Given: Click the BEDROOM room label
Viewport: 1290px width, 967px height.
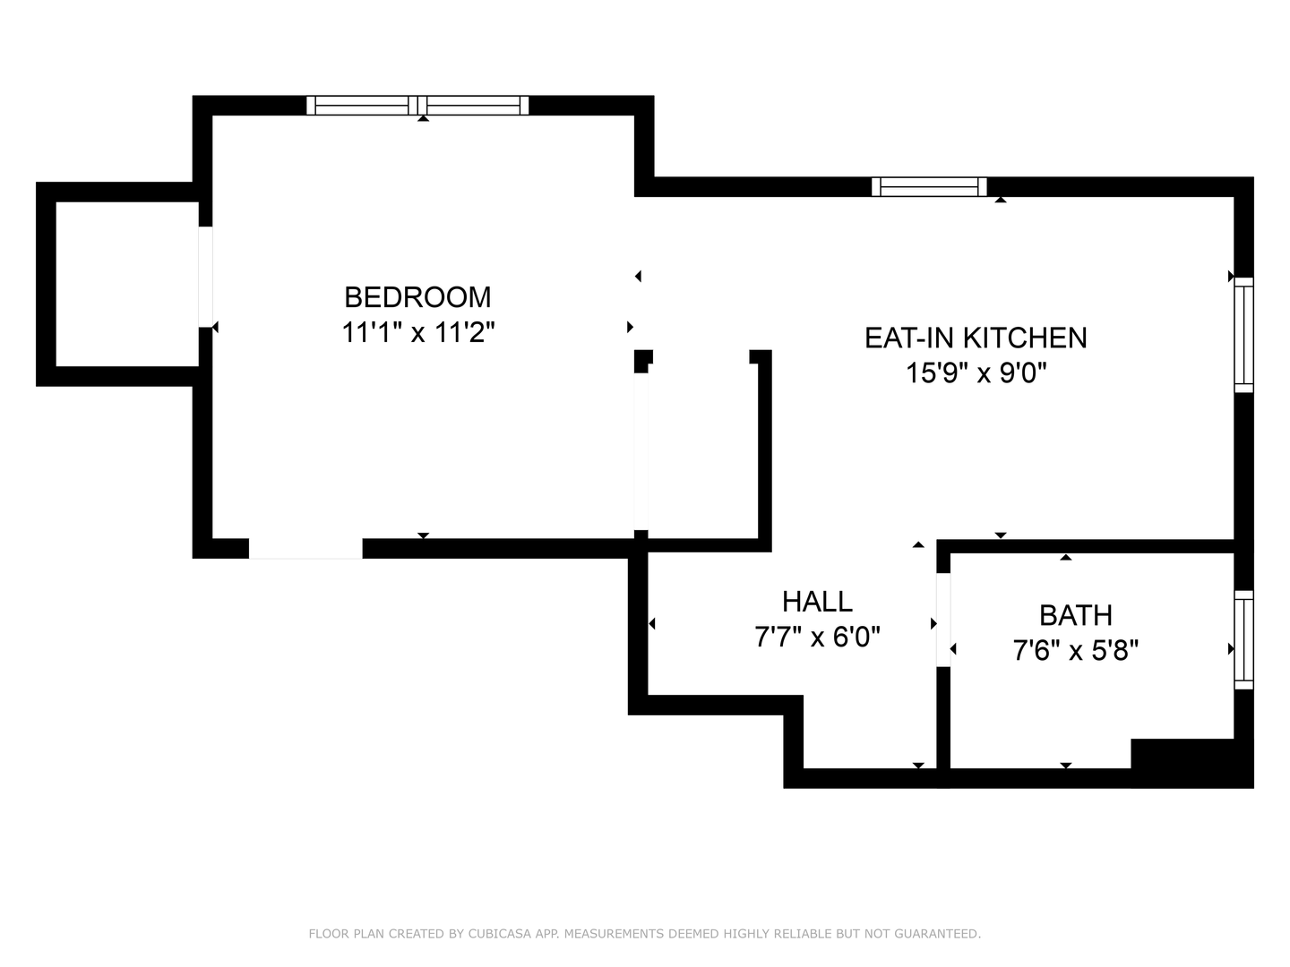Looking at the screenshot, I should coord(417,296).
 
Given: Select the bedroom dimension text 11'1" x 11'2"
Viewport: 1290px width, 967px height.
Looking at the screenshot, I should coord(417,333).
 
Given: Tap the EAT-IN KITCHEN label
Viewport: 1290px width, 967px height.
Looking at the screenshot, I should coord(976,338).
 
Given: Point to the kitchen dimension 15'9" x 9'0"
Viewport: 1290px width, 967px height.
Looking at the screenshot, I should coord(976,372).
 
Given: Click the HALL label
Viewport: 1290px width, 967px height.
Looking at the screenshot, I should coord(817,601).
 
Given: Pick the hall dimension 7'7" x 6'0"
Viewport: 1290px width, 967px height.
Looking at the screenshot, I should coord(817,637).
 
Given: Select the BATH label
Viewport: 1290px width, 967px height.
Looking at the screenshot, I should coord(1075,615).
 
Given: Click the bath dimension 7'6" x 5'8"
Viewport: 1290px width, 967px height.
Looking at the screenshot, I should coord(1075,650).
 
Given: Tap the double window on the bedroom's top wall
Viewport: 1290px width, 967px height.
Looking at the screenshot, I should coord(417,106).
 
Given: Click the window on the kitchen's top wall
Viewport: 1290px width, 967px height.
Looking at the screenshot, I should coord(929,186).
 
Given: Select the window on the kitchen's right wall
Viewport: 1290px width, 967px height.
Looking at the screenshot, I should coord(1243,335).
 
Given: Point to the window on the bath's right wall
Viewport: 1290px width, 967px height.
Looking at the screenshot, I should coord(1243,639).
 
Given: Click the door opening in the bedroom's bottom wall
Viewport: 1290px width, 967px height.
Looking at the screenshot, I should coord(305,549).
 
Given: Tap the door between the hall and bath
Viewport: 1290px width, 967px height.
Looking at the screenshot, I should coord(942,620).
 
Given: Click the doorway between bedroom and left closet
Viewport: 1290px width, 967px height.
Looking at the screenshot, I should coord(205,277).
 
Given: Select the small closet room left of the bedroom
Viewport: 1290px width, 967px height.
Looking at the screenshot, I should coord(126,284).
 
